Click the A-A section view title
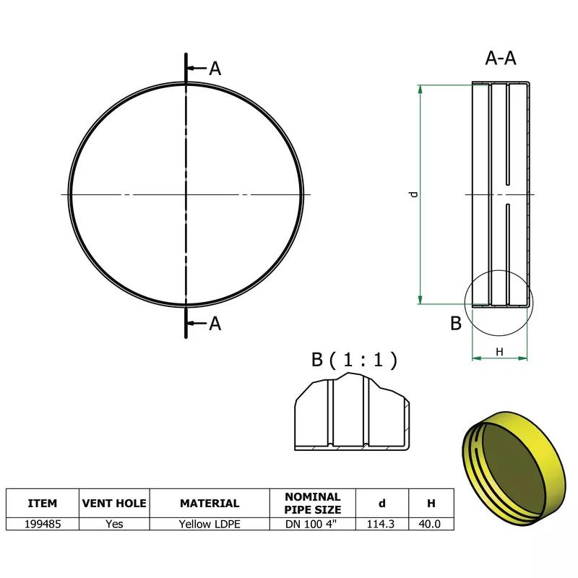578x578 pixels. coord(501,59)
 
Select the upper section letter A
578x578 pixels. coord(215,69)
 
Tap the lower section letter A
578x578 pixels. coord(215,324)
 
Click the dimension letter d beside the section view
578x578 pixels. coord(413,194)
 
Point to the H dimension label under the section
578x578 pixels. coord(499,351)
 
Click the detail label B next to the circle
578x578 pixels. coord(456,324)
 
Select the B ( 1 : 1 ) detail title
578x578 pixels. coord(354,360)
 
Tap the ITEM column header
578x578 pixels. coord(42,504)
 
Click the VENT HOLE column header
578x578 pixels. coord(114,504)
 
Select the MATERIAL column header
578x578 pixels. coord(210,504)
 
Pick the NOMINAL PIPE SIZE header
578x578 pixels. coord(313,504)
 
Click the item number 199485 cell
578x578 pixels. coord(42,525)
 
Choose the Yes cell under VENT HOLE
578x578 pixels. coord(114,525)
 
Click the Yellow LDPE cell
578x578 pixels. coord(210,525)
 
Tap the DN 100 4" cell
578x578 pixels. coord(313,525)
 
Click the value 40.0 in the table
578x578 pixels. coord(431,525)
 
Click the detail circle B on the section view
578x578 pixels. coord(499,303)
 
